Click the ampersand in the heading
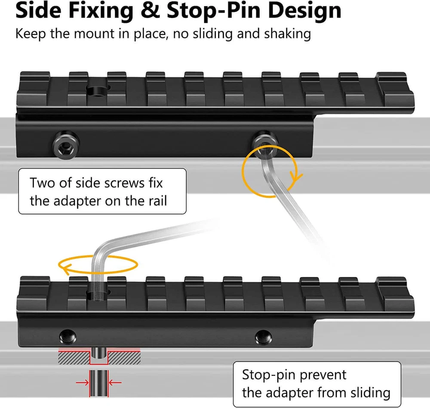(151, 11)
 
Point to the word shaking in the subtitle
(287, 34)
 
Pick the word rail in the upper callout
(154, 200)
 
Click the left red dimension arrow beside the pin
(81, 382)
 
